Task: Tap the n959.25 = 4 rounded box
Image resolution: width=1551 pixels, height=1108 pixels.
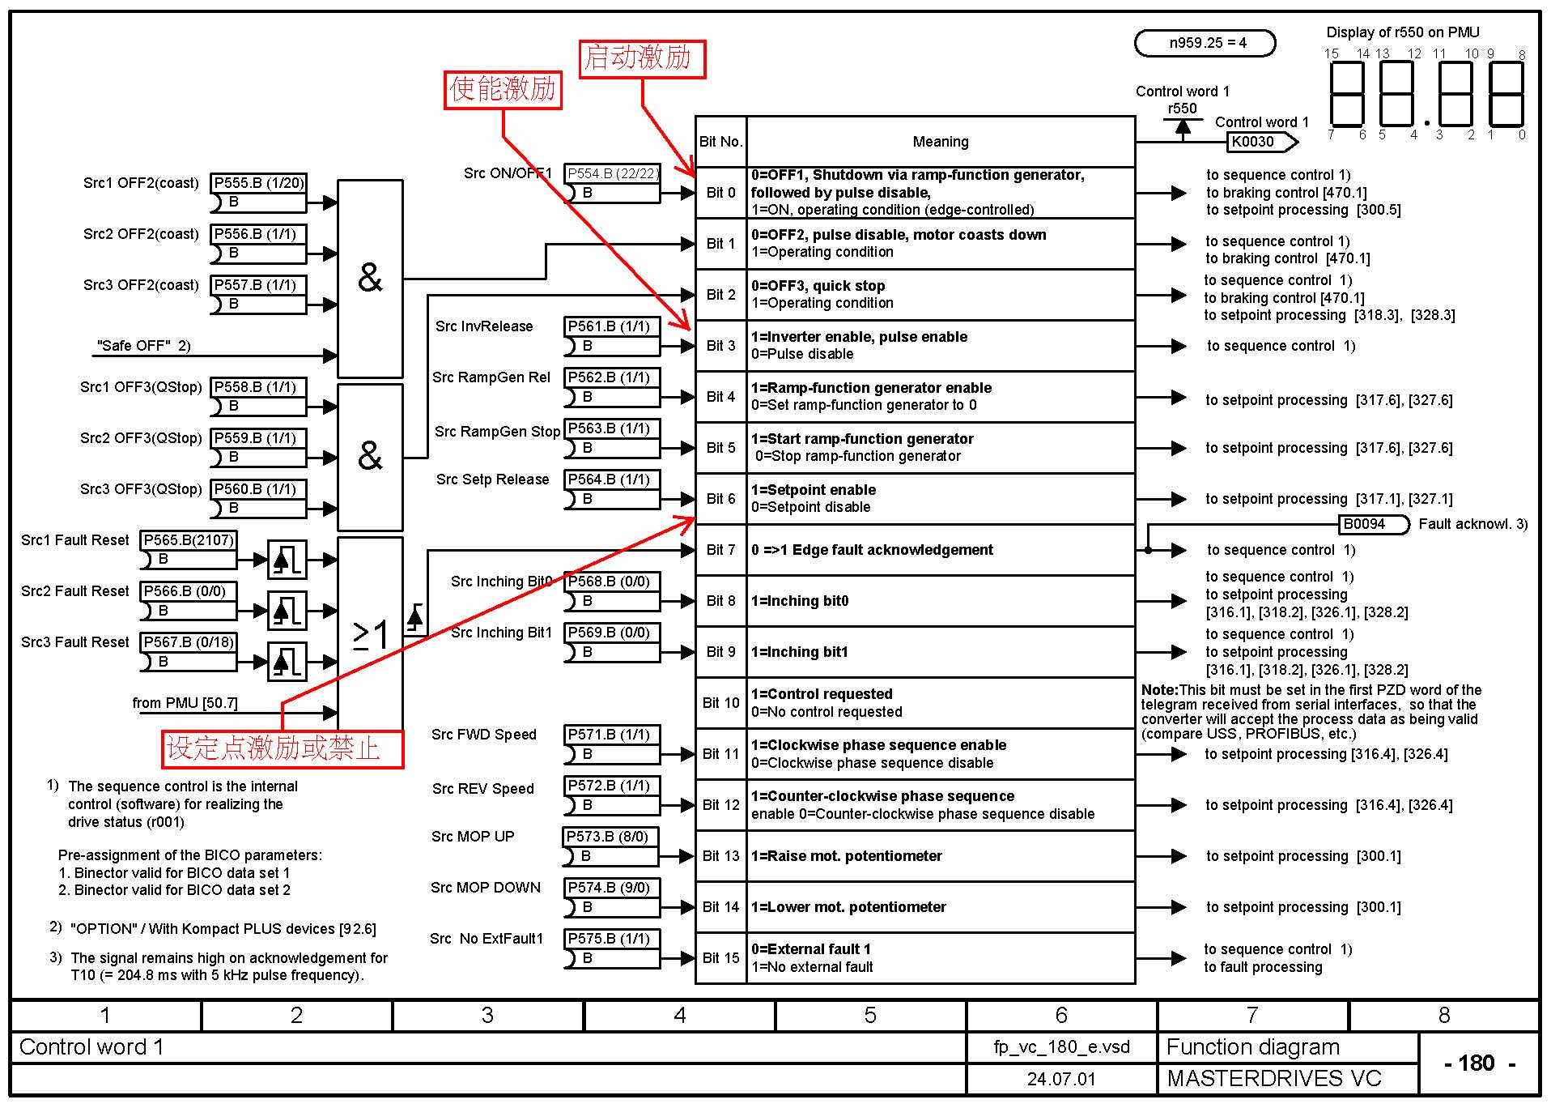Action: pyautogui.click(x=1206, y=43)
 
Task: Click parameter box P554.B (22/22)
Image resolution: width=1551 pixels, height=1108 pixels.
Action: pyautogui.click(x=612, y=173)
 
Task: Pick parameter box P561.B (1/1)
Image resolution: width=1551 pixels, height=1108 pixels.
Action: pyautogui.click(x=610, y=326)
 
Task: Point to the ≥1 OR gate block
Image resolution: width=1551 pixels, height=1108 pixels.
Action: pyautogui.click(x=370, y=633)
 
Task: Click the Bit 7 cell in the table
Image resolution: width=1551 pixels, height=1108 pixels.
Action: pyautogui.click(x=720, y=550)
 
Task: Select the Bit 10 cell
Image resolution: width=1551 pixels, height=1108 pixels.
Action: pyautogui.click(x=720, y=703)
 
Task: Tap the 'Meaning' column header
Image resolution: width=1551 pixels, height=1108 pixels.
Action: pyautogui.click(x=940, y=143)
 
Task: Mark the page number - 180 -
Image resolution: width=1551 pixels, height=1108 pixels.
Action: pyautogui.click(x=1477, y=1063)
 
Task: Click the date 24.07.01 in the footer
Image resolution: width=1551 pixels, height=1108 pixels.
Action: pyautogui.click(x=1060, y=1080)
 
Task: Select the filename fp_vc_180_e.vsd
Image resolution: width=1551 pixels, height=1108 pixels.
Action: pyautogui.click(x=1060, y=1047)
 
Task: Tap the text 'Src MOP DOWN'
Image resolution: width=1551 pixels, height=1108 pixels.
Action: pyautogui.click(x=486, y=888)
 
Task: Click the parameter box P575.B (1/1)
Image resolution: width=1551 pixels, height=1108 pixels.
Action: pyautogui.click(x=610, y=939)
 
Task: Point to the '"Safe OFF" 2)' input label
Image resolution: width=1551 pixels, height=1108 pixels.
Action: pyautogui.click(x=143, y=346)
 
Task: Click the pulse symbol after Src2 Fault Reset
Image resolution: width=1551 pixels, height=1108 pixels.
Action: pyautogui.click(x=287, y=610)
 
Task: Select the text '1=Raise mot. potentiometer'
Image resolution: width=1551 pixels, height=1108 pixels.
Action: pyautogui.click(x=846, y=856)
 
